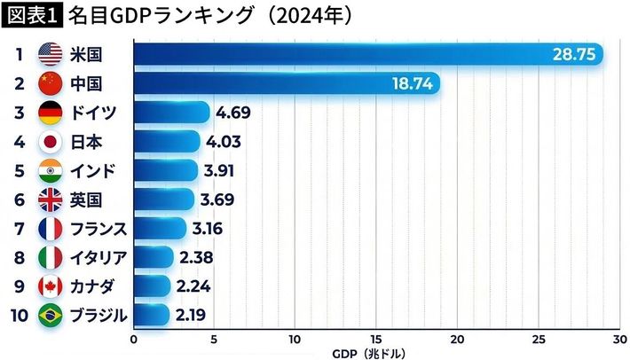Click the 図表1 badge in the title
(30, 14)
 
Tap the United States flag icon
(50, 55)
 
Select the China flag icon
(50, 84)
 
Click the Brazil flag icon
(50, 315)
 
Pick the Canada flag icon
(50, 286)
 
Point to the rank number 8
(19, 257)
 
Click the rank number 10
(19, 315)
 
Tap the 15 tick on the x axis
(377, 339)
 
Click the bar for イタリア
(152, 257)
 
